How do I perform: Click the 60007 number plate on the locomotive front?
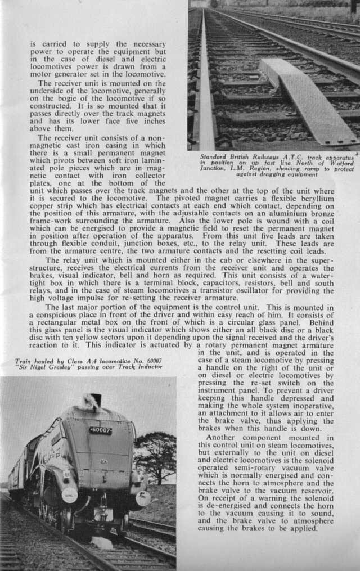tap(101, 430)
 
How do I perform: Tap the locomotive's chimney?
tap(95, 400)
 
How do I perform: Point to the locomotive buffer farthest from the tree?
tap(70, 495)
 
